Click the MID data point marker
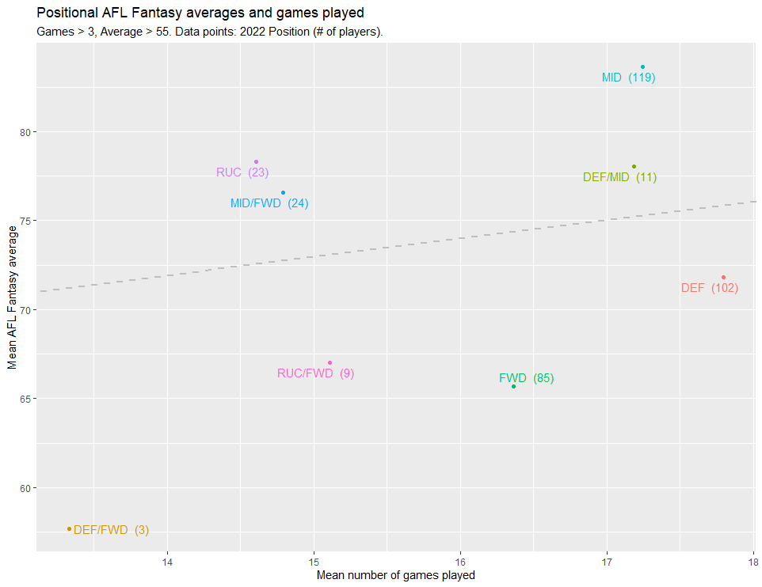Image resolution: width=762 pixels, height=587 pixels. pyautogui.click(x=642, y=67)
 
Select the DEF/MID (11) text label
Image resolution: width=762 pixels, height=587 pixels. pyautogui.click(x=619, y=177)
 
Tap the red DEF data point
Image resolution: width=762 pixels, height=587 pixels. pyautogui.click(x=723, y=278)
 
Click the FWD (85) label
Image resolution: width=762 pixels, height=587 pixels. pyautogui.click(x=526, y=378)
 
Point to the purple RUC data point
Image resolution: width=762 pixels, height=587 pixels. pyautogui.click(x=256, y=162)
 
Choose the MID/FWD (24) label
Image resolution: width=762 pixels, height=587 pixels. pyautogui.click(x=269, y=203)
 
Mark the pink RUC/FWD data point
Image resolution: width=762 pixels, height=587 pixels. pyautogui.click(x=330, y=363)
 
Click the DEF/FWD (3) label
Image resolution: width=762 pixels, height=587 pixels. pyautogui.click(x=111, y=530)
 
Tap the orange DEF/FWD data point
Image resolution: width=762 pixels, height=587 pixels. pyautogui.click(x=69, y=528)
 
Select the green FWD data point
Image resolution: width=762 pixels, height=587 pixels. pyautogui.click(x=513, y=387)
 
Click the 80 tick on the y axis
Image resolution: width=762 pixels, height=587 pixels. pyautogui.click(x=26, y=131)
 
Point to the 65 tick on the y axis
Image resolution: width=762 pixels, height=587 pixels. pyautogui.click(x=26, y=399)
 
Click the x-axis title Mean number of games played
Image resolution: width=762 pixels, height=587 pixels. pyautogui.click(x=395, y=576)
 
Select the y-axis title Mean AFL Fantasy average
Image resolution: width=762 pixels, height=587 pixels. pyautogui.click(x=12, y=297)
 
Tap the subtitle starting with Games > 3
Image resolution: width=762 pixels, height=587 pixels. pyautogui.click(x=209, y=32)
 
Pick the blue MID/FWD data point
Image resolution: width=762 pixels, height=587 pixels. pyautogui.click(x=283, y=193)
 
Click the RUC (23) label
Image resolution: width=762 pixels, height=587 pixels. pyautogui.click(x=242, y=172)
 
